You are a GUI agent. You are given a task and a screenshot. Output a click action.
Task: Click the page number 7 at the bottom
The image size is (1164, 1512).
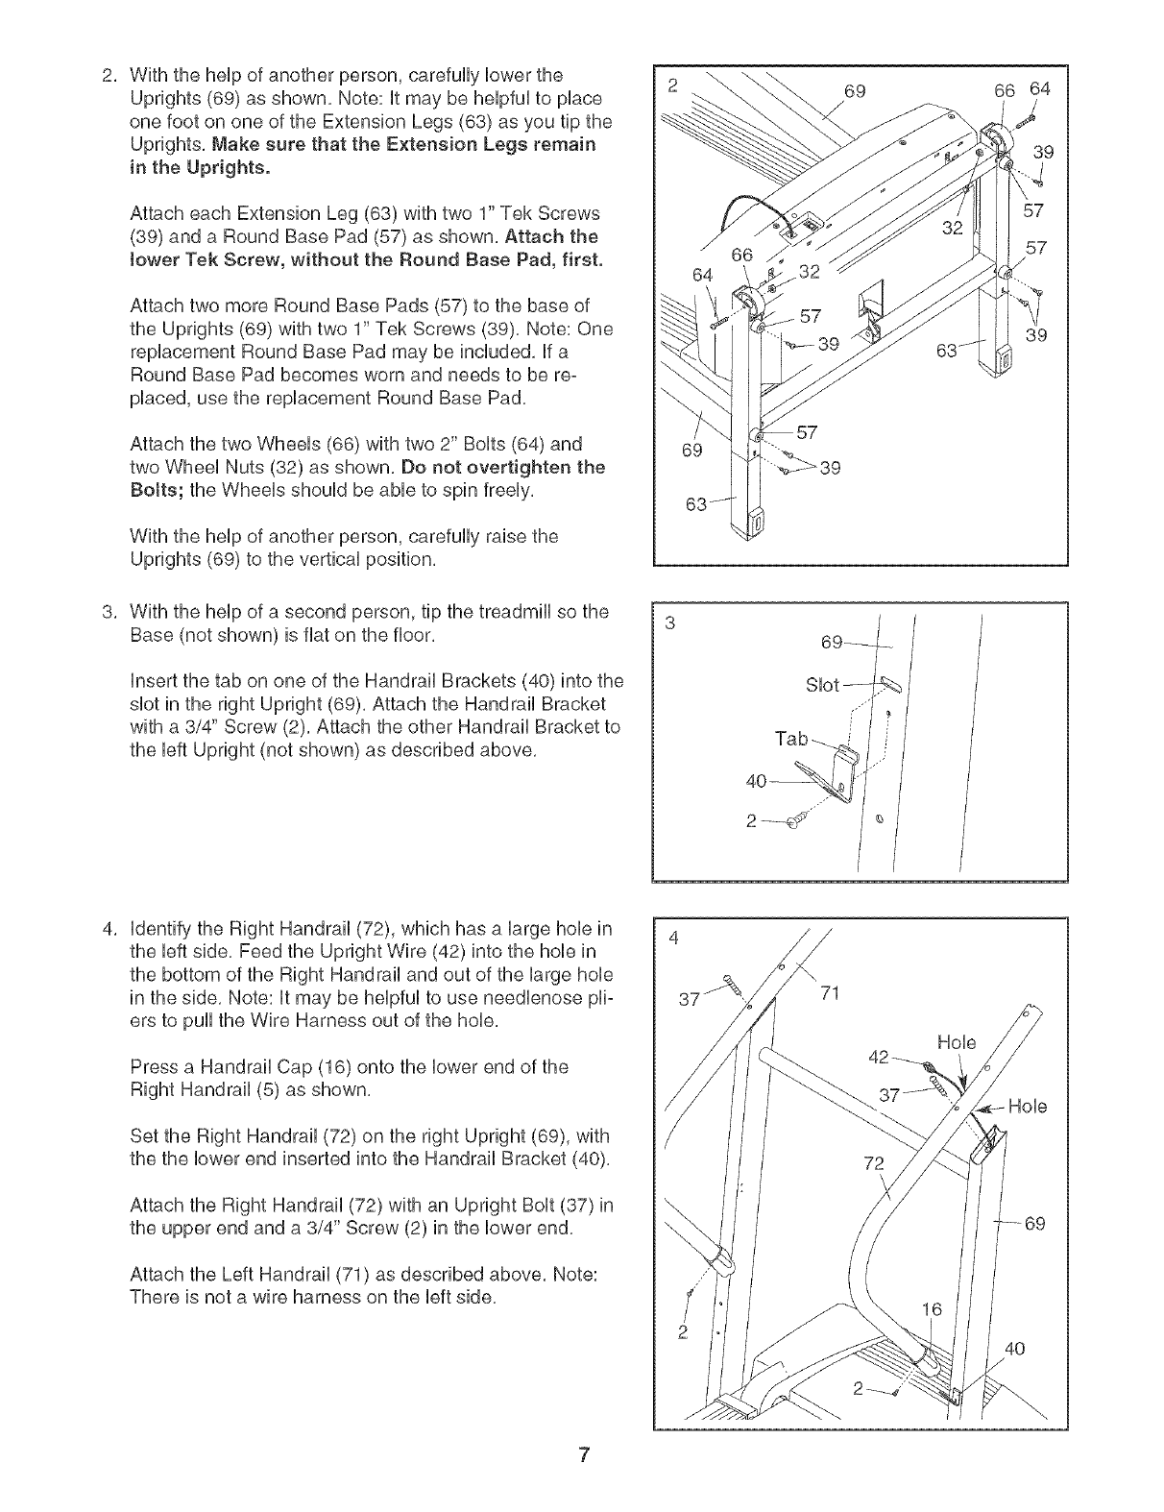[582, 1457]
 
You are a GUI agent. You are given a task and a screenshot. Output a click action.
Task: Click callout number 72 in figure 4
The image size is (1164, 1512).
[873, 1164]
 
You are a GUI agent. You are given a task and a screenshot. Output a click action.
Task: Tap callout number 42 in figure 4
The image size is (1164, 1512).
[878, 1057]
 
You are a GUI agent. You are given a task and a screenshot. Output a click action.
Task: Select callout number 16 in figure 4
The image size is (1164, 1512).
[932, 1309]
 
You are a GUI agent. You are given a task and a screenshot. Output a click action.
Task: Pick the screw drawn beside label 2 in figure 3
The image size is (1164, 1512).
[793, 821]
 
